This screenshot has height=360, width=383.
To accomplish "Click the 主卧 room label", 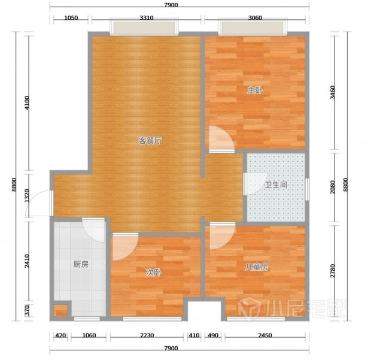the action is (x=255, y=90).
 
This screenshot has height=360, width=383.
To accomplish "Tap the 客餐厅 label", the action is (x=150, y=141).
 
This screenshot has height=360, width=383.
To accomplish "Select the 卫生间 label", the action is (x=276, y=184).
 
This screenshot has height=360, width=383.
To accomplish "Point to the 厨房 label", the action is (x=81, y=264).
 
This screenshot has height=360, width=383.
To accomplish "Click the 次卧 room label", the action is (x=154, y=272).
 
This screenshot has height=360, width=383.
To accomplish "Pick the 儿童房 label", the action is (x=257, y=267).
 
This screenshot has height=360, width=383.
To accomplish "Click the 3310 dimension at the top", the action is (x=147, y=18).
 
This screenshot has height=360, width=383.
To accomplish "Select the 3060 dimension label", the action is (x=255, y=18).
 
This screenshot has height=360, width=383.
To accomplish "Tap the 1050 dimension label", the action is (x=71, y=18).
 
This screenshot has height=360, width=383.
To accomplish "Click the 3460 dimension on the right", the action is (x=333, y=92).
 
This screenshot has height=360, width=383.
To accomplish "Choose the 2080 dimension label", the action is (x=333, y=187).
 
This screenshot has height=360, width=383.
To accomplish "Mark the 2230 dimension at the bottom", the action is (x=147, y=335).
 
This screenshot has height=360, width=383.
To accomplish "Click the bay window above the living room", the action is (x=144, y=27).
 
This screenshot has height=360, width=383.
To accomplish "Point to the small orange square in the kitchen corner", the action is (x=60, y=311).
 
